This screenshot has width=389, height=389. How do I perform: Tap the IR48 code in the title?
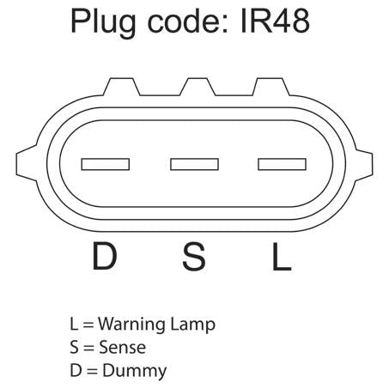click(x=275, y=21)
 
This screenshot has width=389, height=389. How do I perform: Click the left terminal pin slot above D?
click(x=106, y=164)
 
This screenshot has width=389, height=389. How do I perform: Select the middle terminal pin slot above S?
click(x=194, y=164)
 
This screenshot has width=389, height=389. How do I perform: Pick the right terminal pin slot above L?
click(x=283, y=164)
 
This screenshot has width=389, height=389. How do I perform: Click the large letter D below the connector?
click(x=105, y=256)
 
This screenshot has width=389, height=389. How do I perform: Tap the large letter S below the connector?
click(x=194, y=256)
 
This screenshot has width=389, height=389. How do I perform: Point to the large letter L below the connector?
click(x=282, y=256)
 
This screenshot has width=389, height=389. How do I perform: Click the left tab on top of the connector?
click(x=122, y=87)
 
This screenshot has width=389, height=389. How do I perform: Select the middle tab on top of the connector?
click(x=198, y=87)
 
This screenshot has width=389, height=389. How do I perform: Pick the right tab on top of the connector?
click(x=271, y=87)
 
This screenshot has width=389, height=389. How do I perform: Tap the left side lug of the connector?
click(x=27, y=163)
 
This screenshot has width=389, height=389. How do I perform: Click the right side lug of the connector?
click(x=364, y=165)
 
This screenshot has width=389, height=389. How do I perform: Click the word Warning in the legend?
click(x=131, y=325)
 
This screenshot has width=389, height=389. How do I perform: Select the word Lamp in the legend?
click(x=192, y=325)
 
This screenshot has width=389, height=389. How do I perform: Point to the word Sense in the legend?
click(x=122, y=348)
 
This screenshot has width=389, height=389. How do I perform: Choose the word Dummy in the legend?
click(x=135, y=372)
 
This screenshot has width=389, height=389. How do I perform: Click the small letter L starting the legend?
click(x=74, y=325)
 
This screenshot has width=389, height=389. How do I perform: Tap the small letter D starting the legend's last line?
click(x=76, y=370)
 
